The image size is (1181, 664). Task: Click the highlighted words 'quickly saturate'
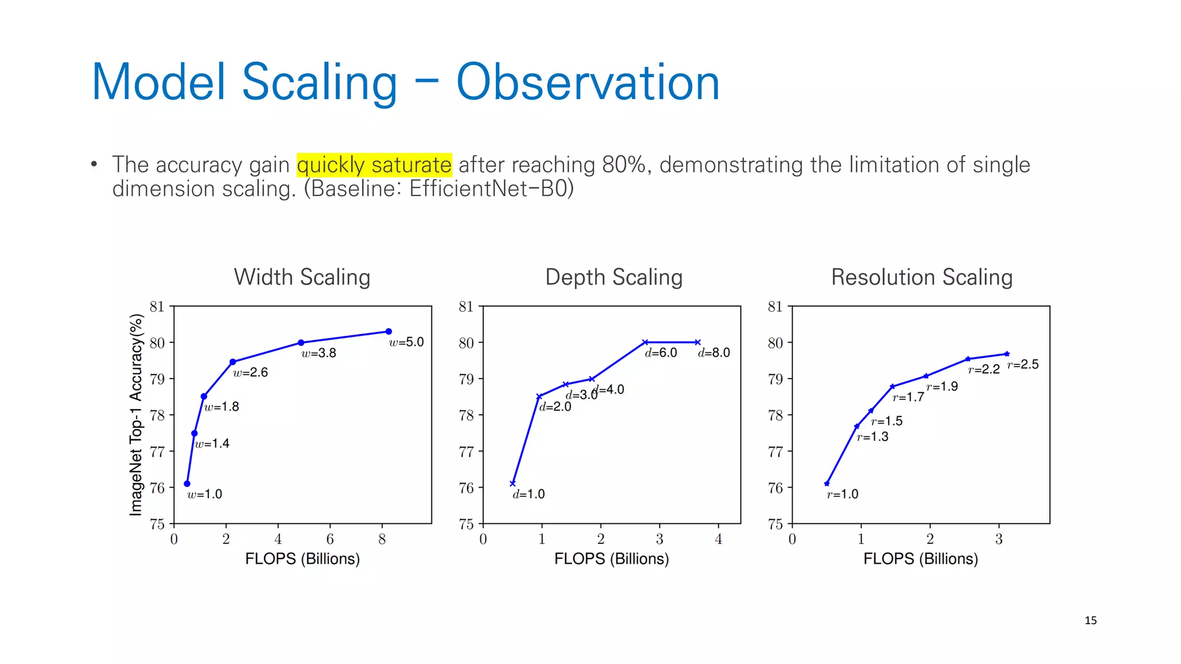[x=374, y=165]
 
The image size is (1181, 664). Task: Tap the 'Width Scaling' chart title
[x=302, y=277]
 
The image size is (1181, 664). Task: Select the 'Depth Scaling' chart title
[x=614, y=277]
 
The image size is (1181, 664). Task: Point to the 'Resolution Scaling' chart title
[x=922, y=277]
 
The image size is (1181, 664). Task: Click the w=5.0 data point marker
[x=389, y=331]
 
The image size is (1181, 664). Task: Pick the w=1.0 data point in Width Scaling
[x=187, y=484]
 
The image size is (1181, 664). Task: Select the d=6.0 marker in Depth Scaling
[x=645, y=342]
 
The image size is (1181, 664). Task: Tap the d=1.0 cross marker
[x=513, y=484]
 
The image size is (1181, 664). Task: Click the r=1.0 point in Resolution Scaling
[x=827, y=484]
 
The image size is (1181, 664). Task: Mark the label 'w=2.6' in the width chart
[x=250, y=373]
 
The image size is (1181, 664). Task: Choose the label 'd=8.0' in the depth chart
[x=714, y=353]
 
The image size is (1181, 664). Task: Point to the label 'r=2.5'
[x=1023, y=364]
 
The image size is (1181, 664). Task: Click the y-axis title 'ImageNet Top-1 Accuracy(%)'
[x=136, y=414]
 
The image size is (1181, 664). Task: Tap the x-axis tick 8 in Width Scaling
[x=382, y=539]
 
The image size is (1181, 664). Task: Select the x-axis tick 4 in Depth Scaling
[x=719, y=539]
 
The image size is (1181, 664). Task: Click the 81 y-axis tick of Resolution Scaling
[x=775, y=307]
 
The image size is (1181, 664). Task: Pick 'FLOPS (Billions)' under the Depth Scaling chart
[x=611, y=559]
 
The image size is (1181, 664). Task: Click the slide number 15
[x=1090, y=621]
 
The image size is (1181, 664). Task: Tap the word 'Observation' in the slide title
[x=588, y=82]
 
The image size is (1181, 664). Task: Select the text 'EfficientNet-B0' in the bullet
[x=489, y=189]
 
